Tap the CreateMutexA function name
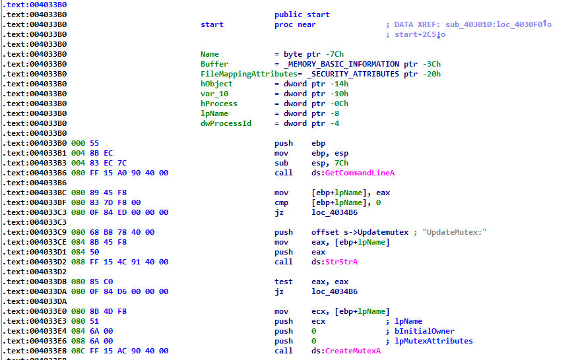[353, 351]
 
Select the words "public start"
[302, 15]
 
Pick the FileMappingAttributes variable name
[235, 74]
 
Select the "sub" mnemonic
[282, 163]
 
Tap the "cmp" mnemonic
[282, 202]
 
